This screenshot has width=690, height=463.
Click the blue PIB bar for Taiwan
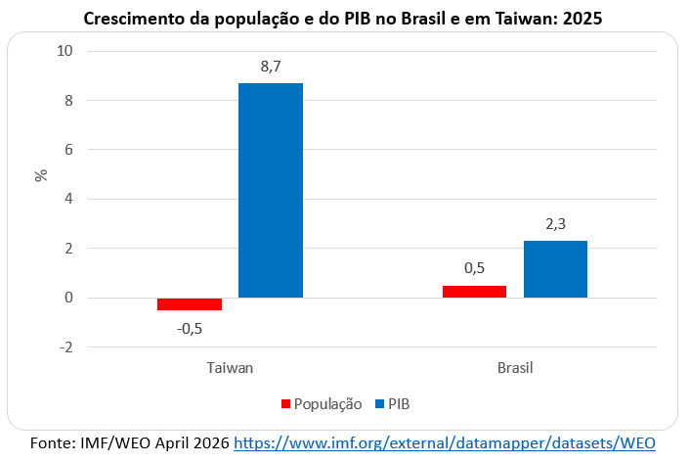click(x=271, y=190)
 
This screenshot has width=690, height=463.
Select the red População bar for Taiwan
click(x=190, y=303)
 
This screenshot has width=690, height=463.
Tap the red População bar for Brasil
click(x=474, y=291)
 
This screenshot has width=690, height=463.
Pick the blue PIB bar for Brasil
click(x=555, y=269)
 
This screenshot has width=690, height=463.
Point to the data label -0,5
click(x=190, y=328)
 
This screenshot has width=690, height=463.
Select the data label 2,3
click(x=555, y=223)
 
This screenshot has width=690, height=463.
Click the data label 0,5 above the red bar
click(x=474, y=267)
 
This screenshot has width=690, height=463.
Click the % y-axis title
click(x=41, y=176)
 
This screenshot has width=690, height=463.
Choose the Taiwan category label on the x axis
click(x=230, y=368)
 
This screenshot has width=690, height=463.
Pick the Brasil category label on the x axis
click(x=515, y=368)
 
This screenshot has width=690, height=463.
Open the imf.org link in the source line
click(x=444, y=443)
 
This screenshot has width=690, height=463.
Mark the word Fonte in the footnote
click(x=54, y=443)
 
